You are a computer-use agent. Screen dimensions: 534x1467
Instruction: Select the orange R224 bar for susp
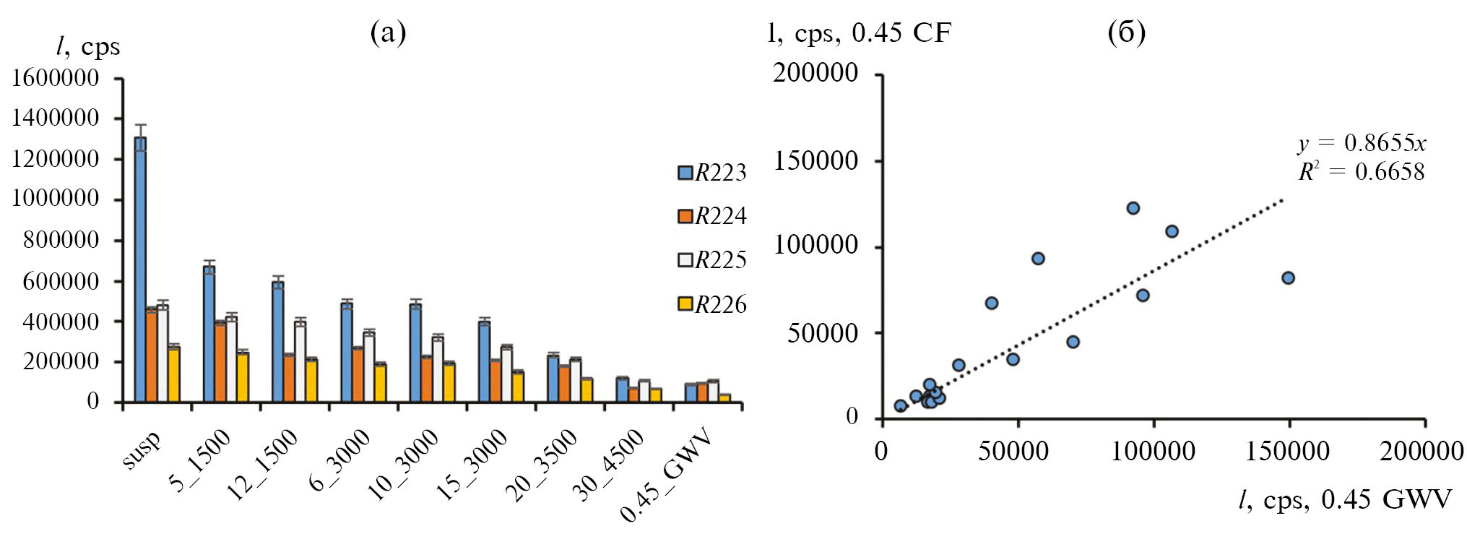(x=151, y=355)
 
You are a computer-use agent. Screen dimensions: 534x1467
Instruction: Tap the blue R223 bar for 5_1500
(x=209, y=334)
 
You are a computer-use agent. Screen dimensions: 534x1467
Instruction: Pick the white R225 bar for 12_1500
(x=300, y=361)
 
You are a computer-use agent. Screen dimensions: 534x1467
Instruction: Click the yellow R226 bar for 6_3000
(x=380, y=382)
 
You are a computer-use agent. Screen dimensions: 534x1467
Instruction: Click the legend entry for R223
(x=711, y=173)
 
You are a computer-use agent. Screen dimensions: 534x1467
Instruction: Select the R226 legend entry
(x=711, y=304)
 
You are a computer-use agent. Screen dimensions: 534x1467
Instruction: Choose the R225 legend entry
(x=711, y=260)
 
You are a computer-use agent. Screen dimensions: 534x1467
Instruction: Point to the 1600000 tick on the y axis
(x=55, y=77)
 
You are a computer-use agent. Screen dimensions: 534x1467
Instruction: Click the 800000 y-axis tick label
(x=61, y=240)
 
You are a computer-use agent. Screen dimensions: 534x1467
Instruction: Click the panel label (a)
(x=388, y=33)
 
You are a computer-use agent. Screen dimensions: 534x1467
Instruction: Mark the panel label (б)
(x=1126, y=33)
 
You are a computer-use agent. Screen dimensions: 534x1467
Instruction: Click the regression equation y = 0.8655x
(x=1362, y=143)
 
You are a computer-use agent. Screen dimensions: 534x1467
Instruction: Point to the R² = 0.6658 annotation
(x=1362, y=172)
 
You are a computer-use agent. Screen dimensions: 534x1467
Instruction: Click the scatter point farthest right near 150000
(x=1287, y=278)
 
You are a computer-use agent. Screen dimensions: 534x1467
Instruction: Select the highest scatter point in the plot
(x=1133, y=208)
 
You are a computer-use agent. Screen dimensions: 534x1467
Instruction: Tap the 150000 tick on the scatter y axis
(x=815, y=160)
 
